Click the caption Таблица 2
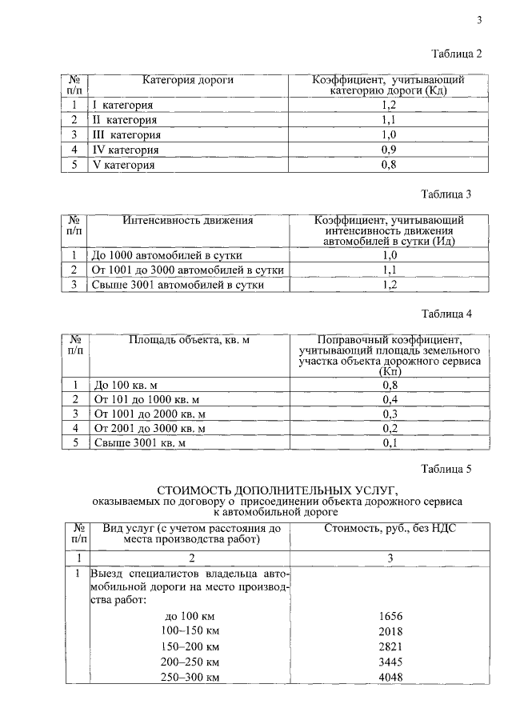(457, 54)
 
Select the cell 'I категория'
(124, 105)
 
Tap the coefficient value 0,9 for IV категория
(389, 150)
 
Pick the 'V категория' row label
(124, 165)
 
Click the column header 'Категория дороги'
(188, 81)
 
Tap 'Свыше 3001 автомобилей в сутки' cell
(178, 285)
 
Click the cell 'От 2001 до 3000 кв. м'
(150, 428)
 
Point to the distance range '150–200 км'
(191, 646)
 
